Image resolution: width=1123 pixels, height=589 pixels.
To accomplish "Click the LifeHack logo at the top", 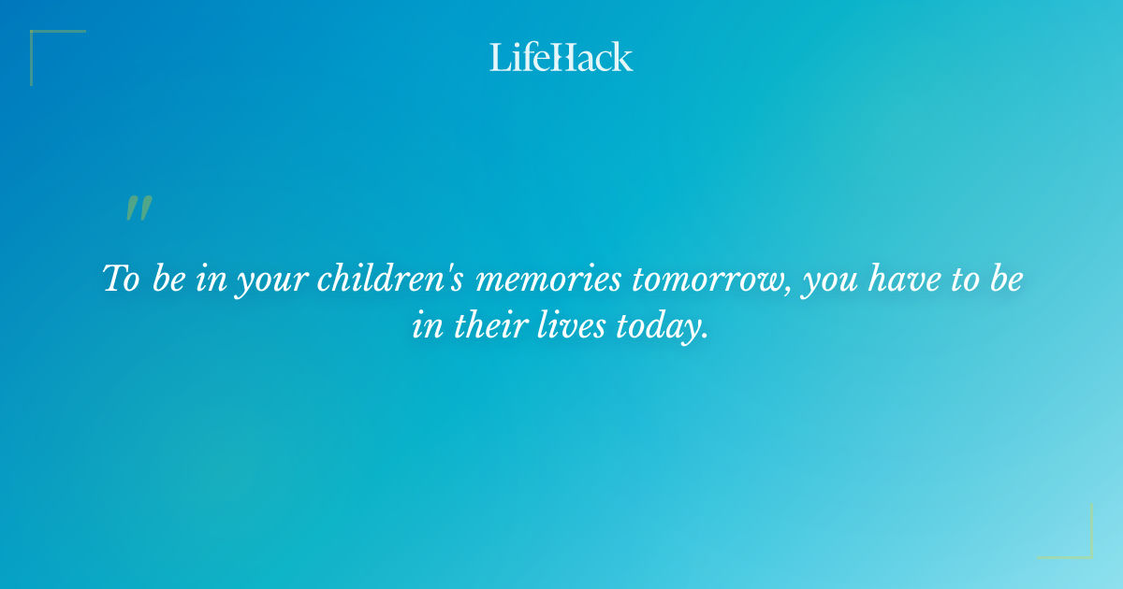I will [561, 57].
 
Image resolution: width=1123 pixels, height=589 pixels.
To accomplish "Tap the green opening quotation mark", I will [139, 208].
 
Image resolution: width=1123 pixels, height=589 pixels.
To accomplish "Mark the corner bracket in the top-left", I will [37, 37].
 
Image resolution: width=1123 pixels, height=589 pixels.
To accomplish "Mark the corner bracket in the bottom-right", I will [1086, 552].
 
